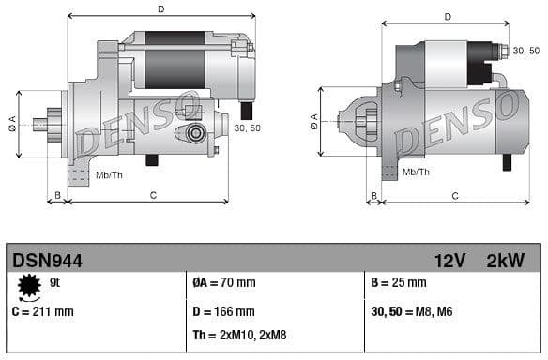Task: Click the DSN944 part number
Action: pos(47,260)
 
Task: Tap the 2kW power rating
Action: pos(505,260)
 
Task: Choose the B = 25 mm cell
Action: pos(399,282)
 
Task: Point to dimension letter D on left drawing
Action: pos(160,9)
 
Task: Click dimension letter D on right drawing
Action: pos(447,16)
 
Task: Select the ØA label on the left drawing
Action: pos(12,123)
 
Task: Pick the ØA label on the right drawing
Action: pos(313,119)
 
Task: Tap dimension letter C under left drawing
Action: pos(152,194)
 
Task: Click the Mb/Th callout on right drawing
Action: pos(416,172)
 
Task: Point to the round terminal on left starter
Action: pos(195,133)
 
